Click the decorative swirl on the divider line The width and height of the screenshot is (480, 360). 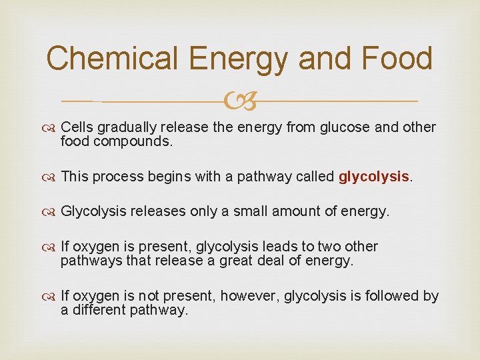coord(241,101)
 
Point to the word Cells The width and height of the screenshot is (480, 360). coord(76,127)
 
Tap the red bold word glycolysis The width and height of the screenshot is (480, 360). coord(373,177)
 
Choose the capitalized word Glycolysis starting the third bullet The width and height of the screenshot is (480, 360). coord(93,212)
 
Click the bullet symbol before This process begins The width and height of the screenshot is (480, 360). coord(50,177)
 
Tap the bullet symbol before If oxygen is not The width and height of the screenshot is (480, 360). coord(50,296)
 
